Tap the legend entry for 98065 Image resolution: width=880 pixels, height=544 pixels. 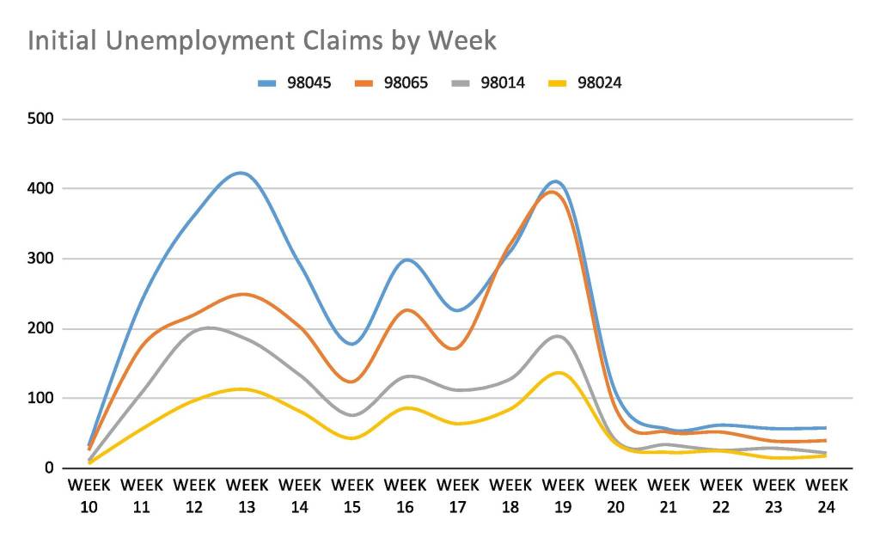pos(392,83)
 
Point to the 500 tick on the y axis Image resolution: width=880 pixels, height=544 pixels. pos(44,119)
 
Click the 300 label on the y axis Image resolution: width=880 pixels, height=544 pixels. pos(44,259)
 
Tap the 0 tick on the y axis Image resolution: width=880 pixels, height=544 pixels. pos(51,468)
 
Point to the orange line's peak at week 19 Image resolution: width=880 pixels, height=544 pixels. pos(553,192)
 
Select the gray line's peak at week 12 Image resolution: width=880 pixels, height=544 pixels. pos(206,327)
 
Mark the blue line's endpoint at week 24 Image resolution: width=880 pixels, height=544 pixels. pos(825,427)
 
